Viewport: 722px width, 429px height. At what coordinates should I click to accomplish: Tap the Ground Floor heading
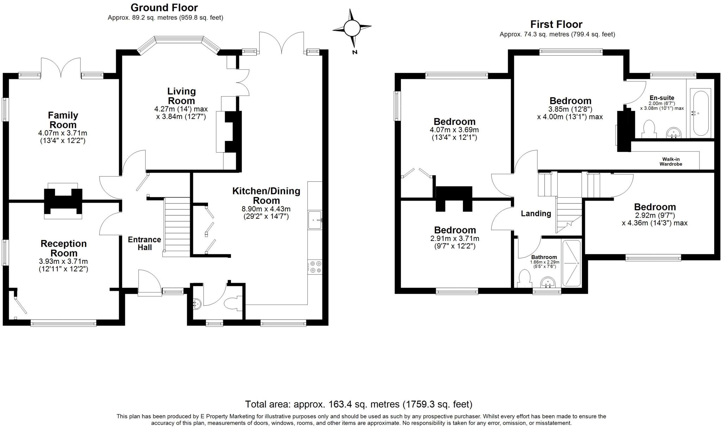coord(164,7)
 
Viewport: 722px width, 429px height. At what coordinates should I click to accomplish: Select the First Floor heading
coord(556,24)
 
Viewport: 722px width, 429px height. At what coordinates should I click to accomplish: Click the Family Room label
coord(63,120)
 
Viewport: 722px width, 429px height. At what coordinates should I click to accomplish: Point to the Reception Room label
coord(64,248)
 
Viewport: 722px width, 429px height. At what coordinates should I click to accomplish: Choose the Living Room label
coord(181,96)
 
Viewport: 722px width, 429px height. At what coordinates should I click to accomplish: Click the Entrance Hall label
coord(145,243)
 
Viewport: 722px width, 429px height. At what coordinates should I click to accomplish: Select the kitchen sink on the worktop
coord(315,220)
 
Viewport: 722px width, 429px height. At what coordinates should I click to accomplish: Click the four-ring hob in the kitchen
coord(315,266)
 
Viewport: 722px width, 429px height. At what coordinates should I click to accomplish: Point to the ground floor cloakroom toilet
coord(232,303)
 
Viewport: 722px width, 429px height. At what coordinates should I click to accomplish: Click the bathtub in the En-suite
coord(700,113)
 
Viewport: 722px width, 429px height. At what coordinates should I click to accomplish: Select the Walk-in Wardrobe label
coord(671,162)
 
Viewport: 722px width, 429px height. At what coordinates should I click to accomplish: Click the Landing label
coord(536,213)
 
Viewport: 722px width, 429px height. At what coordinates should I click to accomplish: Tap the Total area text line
coord(359,404)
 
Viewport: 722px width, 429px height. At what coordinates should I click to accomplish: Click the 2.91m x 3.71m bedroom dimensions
coord(455,242)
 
